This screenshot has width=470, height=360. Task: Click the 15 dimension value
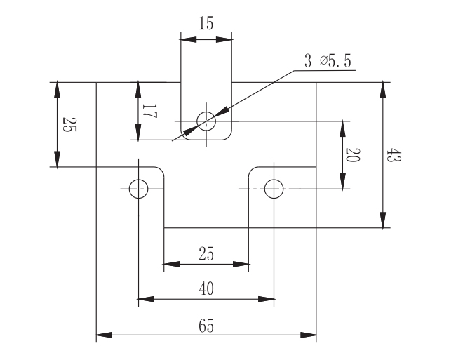tap(206, 23)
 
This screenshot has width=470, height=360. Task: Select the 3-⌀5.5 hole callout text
tap(328, 61)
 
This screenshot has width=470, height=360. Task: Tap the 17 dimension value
tap(149, 111)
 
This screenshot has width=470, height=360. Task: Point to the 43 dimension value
tap(394, 154)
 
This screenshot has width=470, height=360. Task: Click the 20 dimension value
tap(353, 155)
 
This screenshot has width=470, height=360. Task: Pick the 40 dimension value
tap(206, 289)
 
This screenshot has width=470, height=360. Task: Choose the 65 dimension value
tap(206, 326)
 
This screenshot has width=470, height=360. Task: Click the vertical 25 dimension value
tap(69, 124)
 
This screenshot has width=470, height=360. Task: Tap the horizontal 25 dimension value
tap(206, 254)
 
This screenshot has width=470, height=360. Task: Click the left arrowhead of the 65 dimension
tap(104, 335)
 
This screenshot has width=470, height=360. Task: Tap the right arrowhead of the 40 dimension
tap(266, 299)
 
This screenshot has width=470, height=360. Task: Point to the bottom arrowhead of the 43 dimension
tap(383, 220)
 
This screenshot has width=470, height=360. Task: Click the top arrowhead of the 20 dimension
tap(342, 129)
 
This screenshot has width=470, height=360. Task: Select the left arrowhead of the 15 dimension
tap(189, 39)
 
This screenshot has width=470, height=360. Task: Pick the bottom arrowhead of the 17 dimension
tap(138, 132)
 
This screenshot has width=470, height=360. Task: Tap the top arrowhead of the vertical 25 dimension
tap(57, 91)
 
